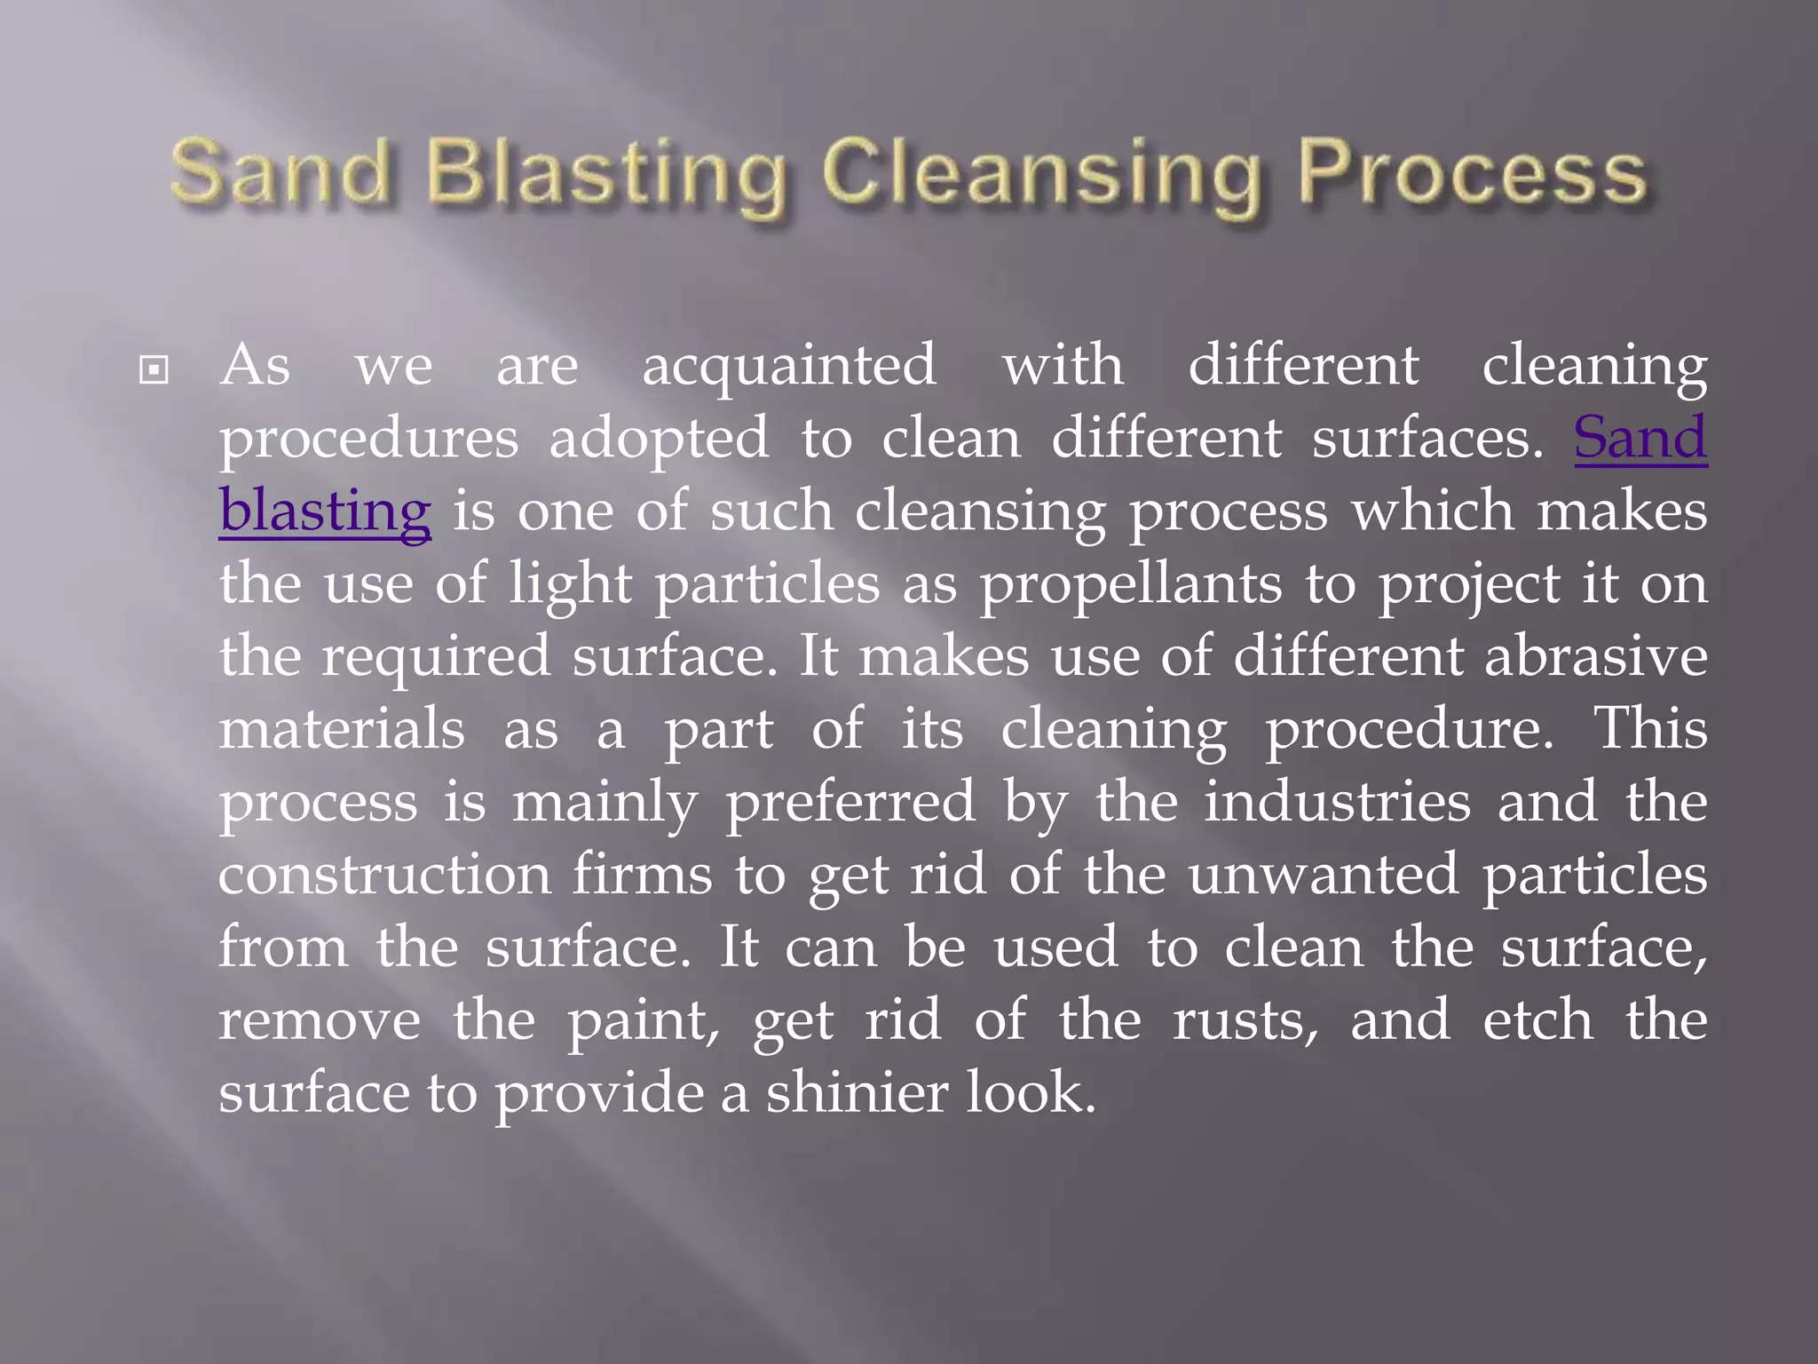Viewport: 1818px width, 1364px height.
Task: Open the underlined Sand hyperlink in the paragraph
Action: pos(1640,438)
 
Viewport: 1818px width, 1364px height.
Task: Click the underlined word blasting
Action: pos(325,511)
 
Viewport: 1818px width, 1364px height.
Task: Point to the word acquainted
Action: pos(788,366)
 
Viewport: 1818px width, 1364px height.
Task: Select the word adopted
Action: pos(659,439)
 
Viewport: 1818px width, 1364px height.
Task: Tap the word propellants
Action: pos(1131,584)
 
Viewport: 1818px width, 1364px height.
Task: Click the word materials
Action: pos(342,729)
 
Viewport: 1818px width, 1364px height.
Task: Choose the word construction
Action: pos(384,875)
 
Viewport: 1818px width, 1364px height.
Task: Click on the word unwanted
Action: pos(1323,875)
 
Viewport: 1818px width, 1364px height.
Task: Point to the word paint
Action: pos(643,1020)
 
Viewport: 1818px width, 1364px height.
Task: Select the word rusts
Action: pos(1245,1020)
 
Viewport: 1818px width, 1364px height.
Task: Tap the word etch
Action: pos(1537,1020)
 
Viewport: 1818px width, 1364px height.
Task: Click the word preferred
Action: pos(850,802)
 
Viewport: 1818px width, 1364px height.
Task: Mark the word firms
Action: pos(642,875)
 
